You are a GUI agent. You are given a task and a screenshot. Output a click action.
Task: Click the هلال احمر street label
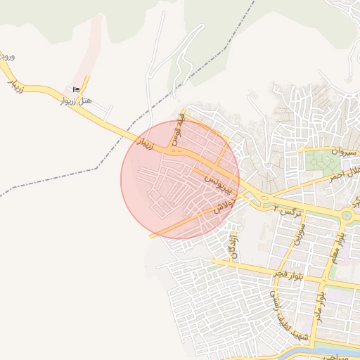344,174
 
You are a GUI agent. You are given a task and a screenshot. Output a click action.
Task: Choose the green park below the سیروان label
322,162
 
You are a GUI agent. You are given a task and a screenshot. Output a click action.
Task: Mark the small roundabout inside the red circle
173,150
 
